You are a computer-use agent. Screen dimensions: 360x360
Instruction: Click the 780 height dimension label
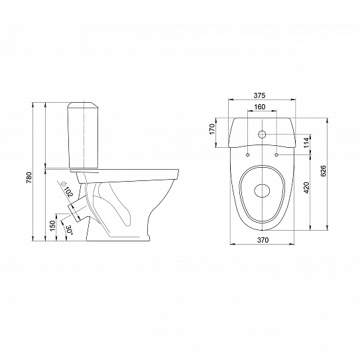(29, 177)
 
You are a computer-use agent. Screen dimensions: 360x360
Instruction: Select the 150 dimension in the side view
(52, 225)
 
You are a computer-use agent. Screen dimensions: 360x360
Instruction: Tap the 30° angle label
(70, 230)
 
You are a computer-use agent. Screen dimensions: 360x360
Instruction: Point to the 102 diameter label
(68, 192)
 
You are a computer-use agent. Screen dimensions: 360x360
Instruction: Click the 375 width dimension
(259, 95)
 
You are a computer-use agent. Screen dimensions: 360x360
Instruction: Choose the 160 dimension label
(259, 107)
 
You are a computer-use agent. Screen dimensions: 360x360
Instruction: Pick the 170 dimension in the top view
(212, 129)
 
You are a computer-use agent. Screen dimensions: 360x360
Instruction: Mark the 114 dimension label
(306, 143)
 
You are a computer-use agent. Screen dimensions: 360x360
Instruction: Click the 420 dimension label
(306, 188)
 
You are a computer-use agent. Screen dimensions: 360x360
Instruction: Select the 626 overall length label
(323, 171)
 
